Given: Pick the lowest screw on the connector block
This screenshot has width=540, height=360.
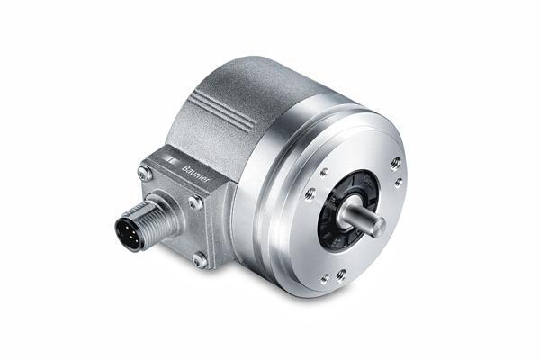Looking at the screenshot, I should coord(199,259).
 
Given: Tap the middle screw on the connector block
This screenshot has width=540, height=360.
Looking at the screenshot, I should coord(194,203).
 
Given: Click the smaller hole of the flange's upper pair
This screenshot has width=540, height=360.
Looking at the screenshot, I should coord(399,182).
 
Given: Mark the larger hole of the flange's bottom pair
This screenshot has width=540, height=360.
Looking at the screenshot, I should coord(341,274).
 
